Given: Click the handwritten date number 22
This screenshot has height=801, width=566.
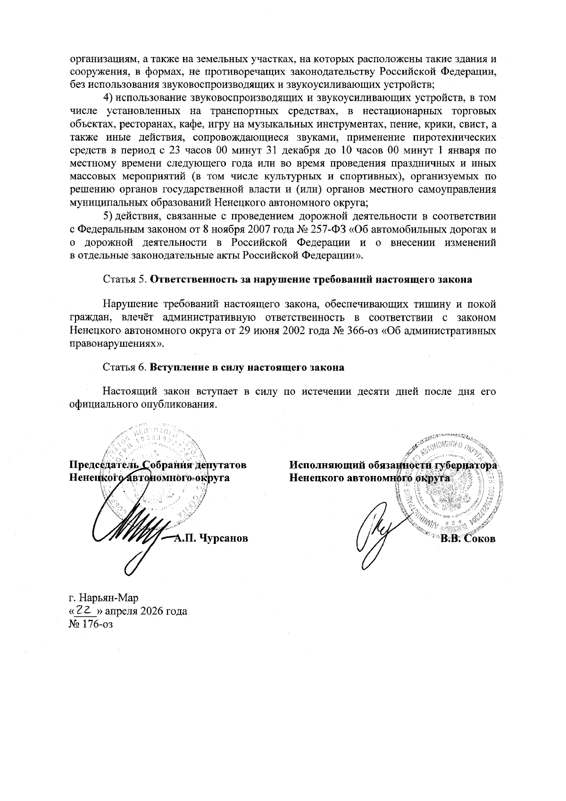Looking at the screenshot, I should [84, 610].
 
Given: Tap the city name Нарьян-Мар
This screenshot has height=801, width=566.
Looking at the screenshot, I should [108, 598].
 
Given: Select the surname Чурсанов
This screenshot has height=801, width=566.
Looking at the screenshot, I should [223, 538].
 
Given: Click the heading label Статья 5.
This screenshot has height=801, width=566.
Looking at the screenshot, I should [125, 279].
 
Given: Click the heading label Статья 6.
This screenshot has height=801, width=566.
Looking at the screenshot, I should [125, 367].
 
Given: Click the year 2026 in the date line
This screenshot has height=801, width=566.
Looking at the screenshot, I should [152, 611].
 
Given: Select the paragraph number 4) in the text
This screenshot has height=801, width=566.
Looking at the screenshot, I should [108, 98].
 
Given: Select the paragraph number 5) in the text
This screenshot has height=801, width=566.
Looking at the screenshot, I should [108, 217].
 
